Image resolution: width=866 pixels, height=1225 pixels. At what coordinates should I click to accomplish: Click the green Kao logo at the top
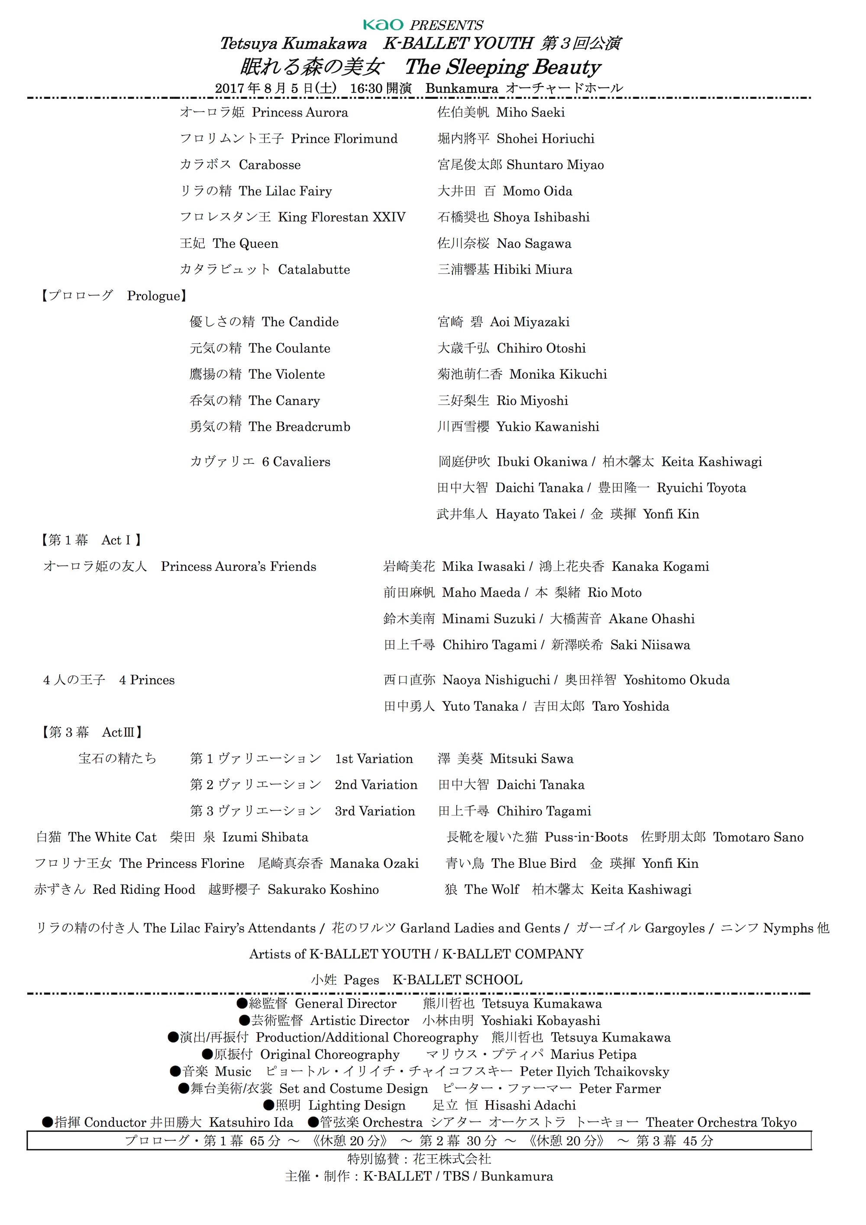(x=383, y=25)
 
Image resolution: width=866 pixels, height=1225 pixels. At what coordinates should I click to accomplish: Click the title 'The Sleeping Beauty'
(x=503, y=67)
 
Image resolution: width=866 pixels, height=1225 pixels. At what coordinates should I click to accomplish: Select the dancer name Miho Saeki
(x=530, y=113)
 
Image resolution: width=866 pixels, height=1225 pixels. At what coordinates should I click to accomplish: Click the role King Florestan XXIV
(x=342, y=217)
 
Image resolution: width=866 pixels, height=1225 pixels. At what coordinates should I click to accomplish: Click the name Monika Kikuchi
(x=558, y=374)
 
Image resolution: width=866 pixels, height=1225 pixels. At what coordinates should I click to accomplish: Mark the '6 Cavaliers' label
(x=296, y=462)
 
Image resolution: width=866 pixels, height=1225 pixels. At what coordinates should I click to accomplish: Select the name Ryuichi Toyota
(x=701, y=488)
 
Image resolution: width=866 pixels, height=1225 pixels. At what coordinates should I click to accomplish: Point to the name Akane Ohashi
(x=652, y=619)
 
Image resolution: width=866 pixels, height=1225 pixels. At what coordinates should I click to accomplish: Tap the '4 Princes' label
(x=147, y=680)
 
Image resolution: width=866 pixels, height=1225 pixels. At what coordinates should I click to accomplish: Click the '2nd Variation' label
(x=376, y=785)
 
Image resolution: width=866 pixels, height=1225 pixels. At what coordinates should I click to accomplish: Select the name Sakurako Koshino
(x=323, y=889)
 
